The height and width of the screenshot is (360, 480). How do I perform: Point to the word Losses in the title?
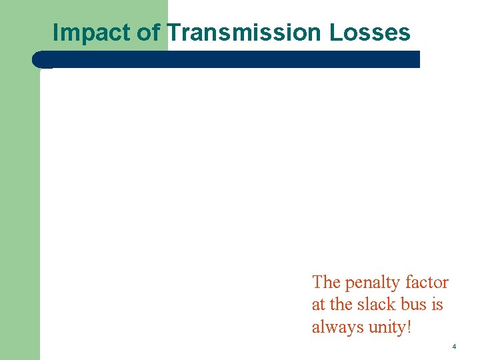(x=370, y=32)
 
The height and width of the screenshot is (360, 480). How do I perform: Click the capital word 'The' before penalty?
(x=326, y=283)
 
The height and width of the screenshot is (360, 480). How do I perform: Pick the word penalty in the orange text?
(x=373, y=283)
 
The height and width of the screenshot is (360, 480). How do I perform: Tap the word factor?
(x=427, y=283)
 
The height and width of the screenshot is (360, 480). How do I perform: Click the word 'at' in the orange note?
(x=318, y=305)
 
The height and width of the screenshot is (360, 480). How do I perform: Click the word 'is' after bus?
(x=437, y=305)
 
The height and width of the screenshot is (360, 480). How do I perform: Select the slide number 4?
(x=454, y=347)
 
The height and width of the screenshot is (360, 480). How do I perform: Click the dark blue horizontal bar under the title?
(x=233, y=59)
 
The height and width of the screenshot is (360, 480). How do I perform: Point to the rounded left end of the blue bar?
(x=37, y=59)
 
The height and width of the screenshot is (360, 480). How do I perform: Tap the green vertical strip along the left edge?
(x=20, y=200)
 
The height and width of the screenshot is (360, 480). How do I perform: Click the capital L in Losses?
(x=335, y=32)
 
